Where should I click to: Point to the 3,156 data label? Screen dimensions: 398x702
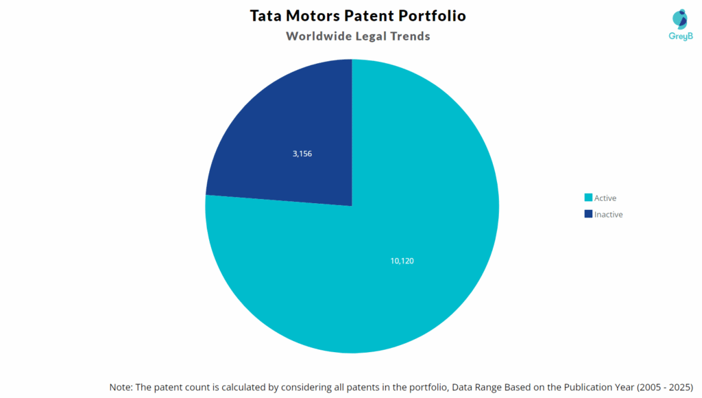302,154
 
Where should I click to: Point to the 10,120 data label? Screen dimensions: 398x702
402,261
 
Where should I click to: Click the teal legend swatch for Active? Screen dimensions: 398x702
588,198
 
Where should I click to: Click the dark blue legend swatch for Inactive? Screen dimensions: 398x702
588,214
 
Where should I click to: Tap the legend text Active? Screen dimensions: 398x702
605,198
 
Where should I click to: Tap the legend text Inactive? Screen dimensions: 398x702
609,215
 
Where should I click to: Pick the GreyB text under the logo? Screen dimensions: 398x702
680,36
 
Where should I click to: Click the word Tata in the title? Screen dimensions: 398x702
268,15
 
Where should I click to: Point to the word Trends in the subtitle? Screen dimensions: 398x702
410,36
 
